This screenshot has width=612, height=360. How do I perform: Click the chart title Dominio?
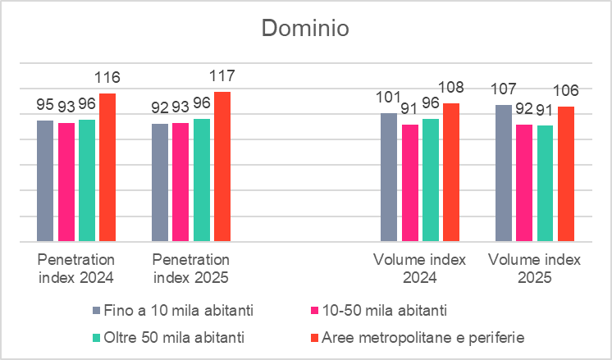305,29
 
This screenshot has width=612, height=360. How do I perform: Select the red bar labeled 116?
107,167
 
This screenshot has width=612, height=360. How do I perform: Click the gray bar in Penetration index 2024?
45,181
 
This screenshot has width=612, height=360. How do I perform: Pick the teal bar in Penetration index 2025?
201,180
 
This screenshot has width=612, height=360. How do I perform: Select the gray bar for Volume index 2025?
503,173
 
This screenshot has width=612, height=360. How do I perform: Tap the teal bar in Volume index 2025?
545,184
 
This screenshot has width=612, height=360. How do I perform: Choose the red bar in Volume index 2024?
450,172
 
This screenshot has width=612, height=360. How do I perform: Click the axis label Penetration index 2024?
75,268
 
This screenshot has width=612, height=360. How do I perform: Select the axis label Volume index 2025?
534,268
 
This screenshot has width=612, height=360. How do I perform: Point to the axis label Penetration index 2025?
190,268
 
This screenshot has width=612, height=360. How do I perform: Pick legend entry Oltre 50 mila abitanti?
171,336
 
